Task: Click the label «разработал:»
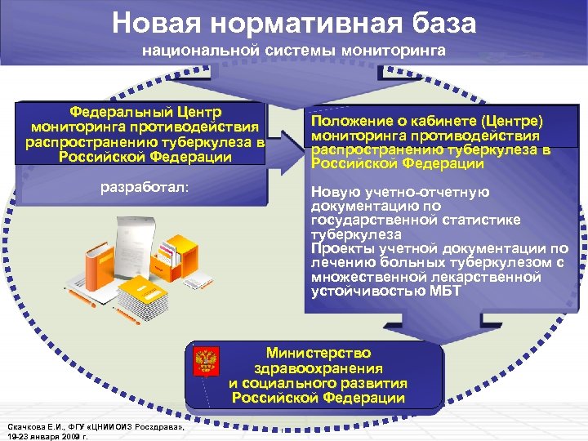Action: pos(144,187)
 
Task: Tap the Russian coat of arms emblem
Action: pos(205,360)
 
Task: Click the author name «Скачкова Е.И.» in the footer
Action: pos(32,427)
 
